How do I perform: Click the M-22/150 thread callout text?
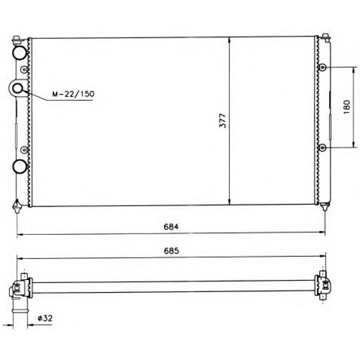click(73, 93)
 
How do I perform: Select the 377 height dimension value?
click(223, 121)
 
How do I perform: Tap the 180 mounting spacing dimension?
click(347, 107)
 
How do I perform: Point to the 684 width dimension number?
click(171, 227)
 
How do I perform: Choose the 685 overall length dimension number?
click(171, 251)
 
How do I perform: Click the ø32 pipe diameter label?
click(45, 318)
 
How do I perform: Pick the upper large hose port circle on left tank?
click(20, 53)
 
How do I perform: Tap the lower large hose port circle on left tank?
click(20, 166)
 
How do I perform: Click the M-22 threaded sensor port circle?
click(17, 89)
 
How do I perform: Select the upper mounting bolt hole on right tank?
click(323, 67)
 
